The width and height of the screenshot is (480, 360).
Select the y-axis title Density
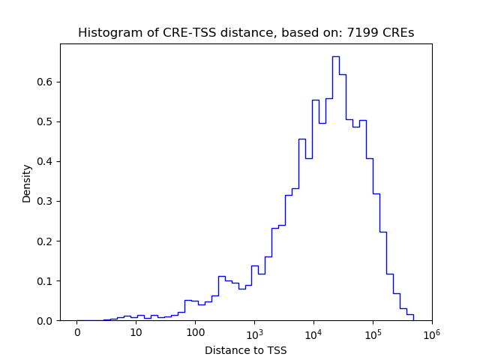click(27, 183)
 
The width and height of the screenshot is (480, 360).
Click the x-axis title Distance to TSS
click(246, 350)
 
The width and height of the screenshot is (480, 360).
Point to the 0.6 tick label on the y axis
click(46, 82)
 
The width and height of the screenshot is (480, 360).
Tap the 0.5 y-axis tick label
click(46, 121)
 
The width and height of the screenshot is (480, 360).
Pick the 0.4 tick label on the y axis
click(46, 161)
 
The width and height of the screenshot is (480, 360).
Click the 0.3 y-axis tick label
click(46, 201)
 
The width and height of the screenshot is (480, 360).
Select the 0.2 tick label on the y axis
click(46, 241)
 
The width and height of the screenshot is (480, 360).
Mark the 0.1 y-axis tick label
click(46, 280)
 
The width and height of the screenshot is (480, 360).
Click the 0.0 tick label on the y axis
click(46, 320)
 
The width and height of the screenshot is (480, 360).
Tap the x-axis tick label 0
click(77, 333)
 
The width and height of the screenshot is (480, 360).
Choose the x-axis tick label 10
click(136, 333)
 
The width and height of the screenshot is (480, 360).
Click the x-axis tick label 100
click(195, 333)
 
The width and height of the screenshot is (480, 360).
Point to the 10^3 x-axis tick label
click(254, 332)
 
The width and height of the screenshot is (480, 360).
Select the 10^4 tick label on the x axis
click(313, 332)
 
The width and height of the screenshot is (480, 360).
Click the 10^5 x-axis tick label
click(373, 332)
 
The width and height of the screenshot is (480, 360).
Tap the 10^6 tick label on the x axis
click(431, 332)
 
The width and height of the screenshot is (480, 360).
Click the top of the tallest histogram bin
click(335, 57)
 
